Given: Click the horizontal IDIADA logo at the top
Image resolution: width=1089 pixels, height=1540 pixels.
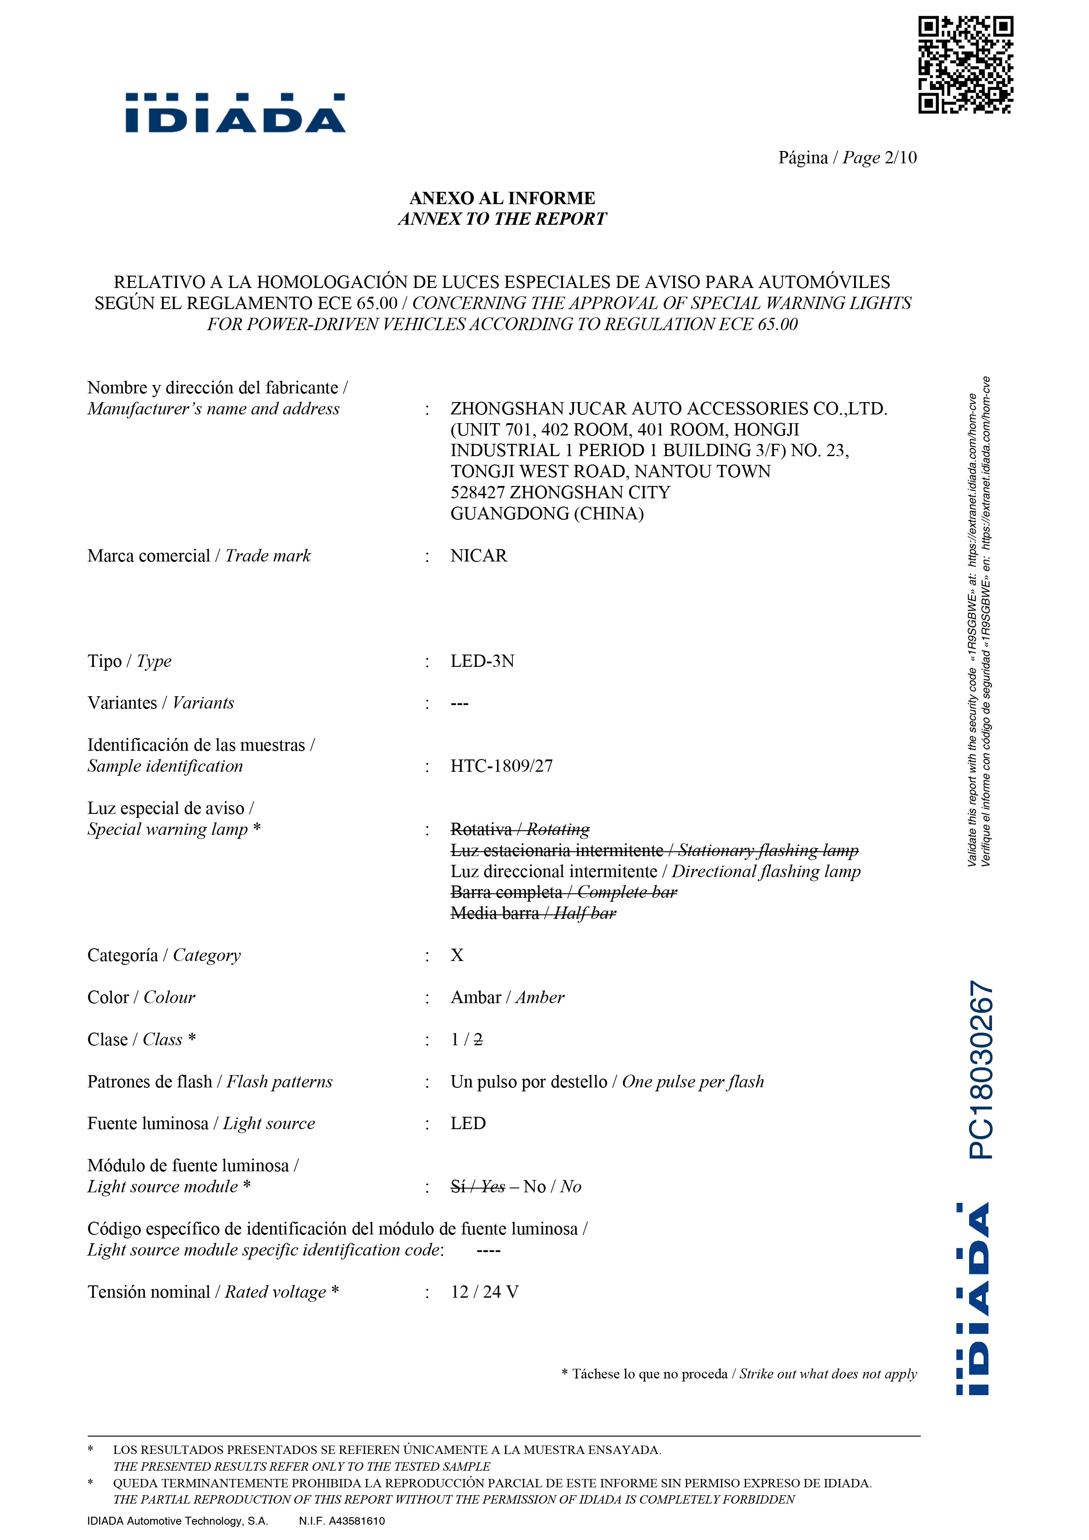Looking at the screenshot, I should tap(235, 113).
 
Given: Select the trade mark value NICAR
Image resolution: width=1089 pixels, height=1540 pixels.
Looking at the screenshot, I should tap(478, 556).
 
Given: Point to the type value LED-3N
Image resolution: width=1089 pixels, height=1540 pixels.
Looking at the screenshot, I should tap(482, 661).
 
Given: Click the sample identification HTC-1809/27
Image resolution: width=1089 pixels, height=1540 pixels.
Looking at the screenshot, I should tap(501, 766).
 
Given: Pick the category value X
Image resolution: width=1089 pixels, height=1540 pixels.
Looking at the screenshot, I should tap(457, 955).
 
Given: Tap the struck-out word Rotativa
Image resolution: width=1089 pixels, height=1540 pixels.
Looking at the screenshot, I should tap(480, 830).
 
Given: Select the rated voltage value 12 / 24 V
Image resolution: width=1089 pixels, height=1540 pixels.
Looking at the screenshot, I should tap(484, 1292).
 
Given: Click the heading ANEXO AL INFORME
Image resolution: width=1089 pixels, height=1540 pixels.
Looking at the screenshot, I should tap(502, 198).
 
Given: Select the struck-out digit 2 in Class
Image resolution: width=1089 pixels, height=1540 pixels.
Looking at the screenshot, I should tap(478, 1040).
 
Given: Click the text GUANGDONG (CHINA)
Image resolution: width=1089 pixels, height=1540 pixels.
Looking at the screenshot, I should tap(546, 514).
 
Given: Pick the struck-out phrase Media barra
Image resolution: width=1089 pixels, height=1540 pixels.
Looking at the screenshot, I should tap(494, 914).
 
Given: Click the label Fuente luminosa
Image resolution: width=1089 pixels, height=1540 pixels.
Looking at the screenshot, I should tap(148, 1123).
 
